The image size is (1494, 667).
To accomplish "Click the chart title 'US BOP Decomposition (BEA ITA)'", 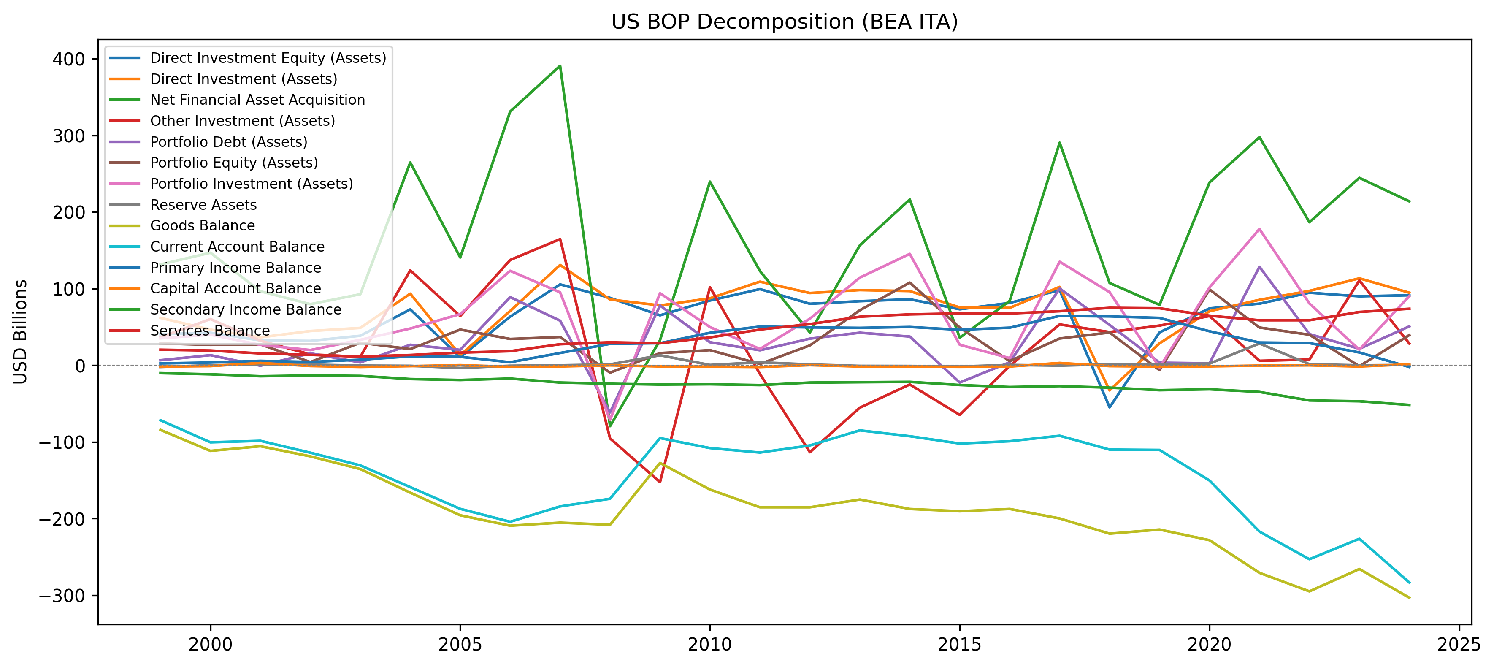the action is (784, 22).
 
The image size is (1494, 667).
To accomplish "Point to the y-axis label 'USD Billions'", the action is (20, 332).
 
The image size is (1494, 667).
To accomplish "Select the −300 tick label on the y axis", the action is (61, 596).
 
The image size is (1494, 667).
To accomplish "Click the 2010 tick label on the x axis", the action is (710, 644).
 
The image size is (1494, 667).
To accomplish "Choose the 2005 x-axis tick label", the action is (460, 644).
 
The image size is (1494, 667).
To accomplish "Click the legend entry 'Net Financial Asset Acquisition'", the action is (257, 100).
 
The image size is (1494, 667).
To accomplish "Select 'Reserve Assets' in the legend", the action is (203, 205).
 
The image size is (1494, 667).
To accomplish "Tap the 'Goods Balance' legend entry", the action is (203, 225).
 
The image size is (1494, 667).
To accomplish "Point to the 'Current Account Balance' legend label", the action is (237, 247).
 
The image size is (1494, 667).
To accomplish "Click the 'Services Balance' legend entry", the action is (210, 331).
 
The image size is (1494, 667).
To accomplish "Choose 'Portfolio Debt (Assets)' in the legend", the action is (228, 142).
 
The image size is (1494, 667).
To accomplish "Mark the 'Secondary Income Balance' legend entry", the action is (246, 310).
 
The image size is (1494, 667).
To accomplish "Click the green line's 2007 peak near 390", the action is (560, 65).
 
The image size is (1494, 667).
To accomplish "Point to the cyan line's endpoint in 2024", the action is (1409, 582).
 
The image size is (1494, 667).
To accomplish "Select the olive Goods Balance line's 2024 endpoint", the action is (1409, 598).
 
